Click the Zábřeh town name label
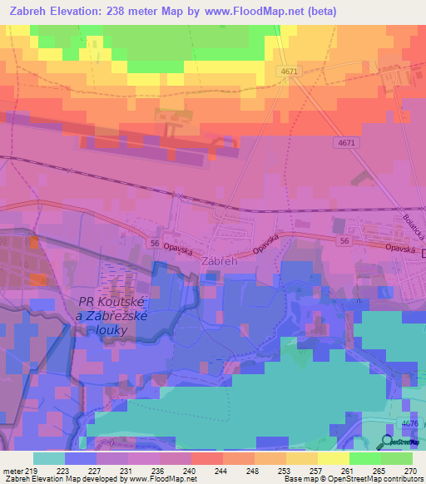pyautogui.click(x=220, y=259)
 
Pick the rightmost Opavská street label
pyautogui.click(x=399, y=248)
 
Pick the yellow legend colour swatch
pyautogui.click(x=333, y=458)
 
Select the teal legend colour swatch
pyautogui.click(x=49, y=458)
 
